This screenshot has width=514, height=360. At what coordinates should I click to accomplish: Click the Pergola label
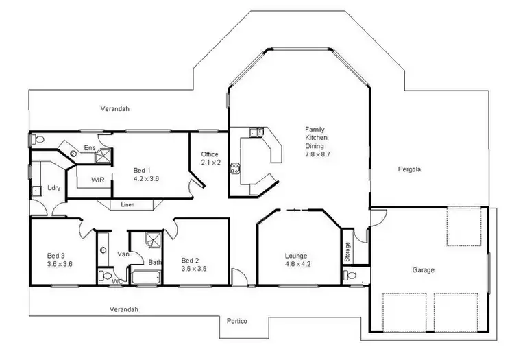(411, 169)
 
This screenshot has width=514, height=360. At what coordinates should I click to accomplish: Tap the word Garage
(423, 270)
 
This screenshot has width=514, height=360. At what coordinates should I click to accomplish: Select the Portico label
(236, 321)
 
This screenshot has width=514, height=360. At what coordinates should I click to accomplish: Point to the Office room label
(210, 154)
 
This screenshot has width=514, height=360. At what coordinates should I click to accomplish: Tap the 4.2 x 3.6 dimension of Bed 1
(146, 178)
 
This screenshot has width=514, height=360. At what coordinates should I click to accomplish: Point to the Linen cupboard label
(127, 204)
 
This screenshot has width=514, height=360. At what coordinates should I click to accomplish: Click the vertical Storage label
(347, 251)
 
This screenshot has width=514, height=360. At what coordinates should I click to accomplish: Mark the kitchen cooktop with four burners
(236, 167)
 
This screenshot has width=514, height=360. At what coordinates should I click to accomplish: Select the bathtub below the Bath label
(145, 278)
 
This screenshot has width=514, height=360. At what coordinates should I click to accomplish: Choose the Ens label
(89, 147)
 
